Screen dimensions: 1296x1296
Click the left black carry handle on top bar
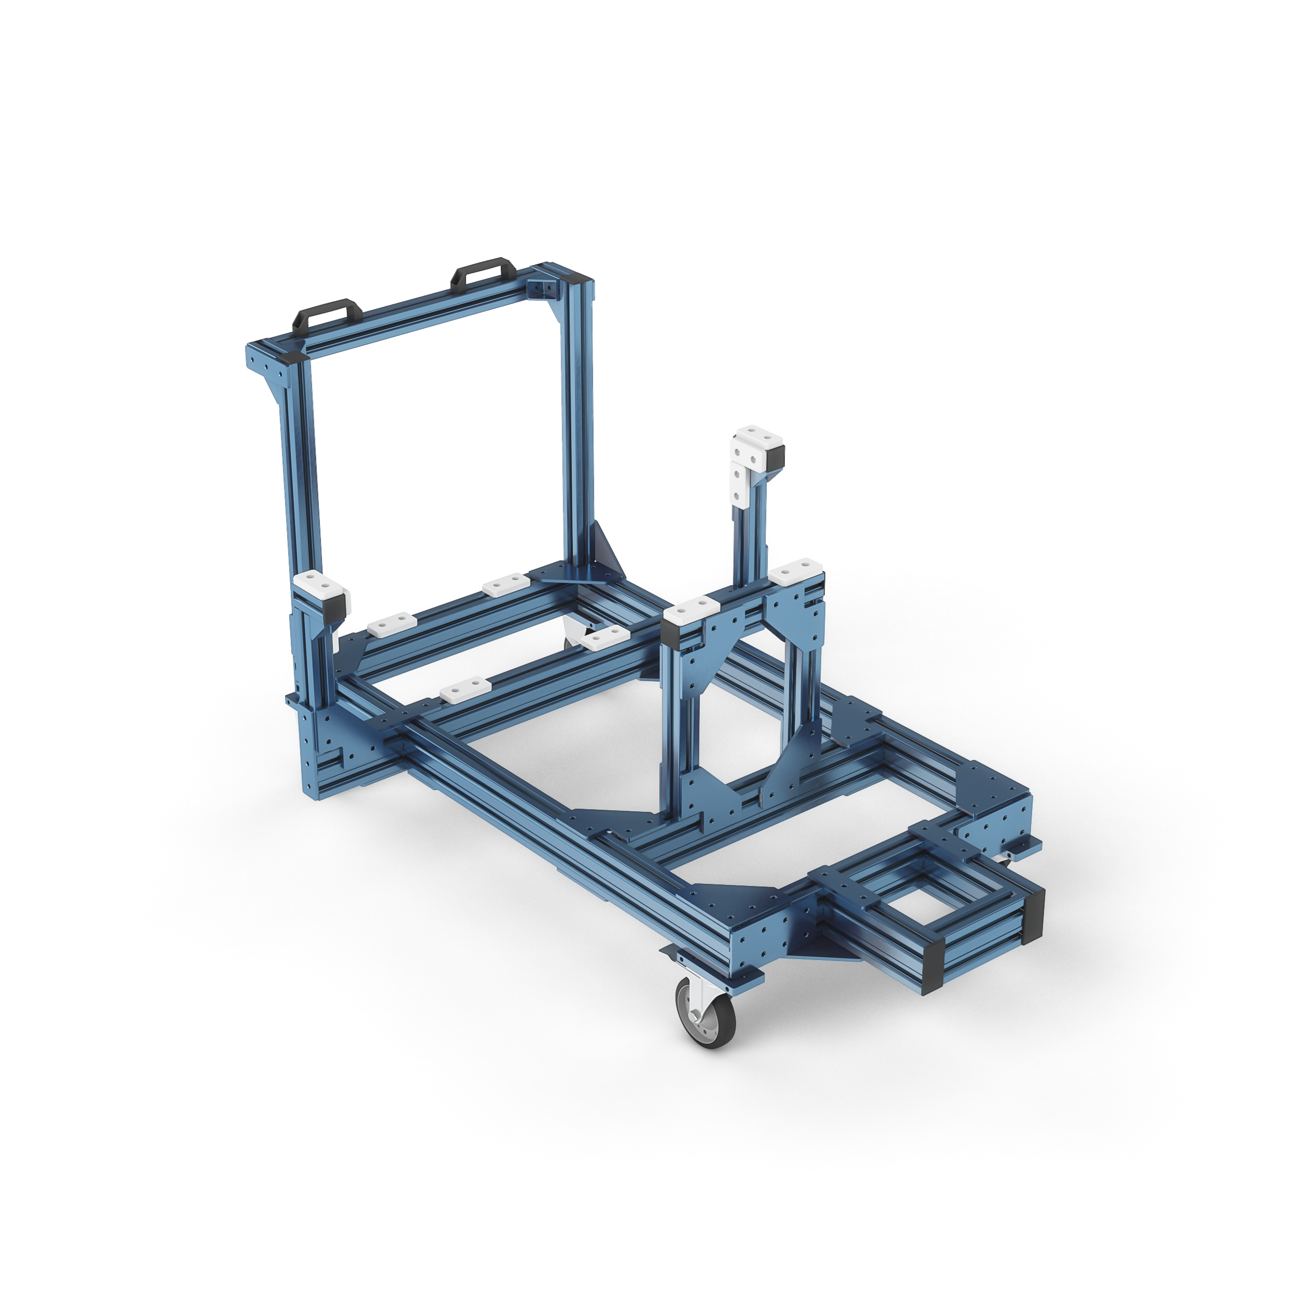pyautogui.click(x=328, y=314)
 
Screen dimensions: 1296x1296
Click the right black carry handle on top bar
pyautogui.click(x=483, y=273)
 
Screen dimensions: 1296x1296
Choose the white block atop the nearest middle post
pyautogui.click(x=691, y=611)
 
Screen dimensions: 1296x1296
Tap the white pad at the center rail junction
pyautogui.click(x=604, y=637)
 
